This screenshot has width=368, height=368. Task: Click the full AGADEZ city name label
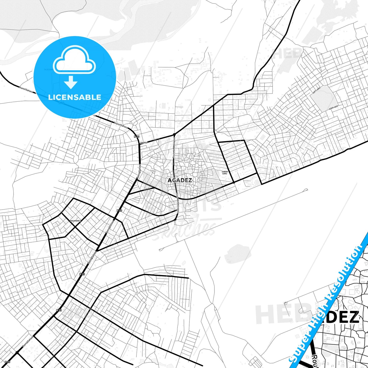coord(180,180)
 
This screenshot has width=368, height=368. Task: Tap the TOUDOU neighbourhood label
coord(144,143)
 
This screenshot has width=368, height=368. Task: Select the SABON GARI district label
coord(225,173)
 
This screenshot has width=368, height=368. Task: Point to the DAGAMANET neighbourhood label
coord(75,221)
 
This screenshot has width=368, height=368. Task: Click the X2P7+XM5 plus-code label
coord(317,90)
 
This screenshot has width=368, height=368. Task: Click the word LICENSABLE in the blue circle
coord(75,97)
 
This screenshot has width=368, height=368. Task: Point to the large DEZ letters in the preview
coord(342,317)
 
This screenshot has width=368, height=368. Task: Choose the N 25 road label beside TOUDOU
coord(137,137)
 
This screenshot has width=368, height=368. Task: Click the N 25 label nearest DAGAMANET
coord(119,210)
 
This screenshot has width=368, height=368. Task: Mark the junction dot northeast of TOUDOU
coord(174,134)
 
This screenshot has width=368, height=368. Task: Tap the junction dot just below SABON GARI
coord(234,182)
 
